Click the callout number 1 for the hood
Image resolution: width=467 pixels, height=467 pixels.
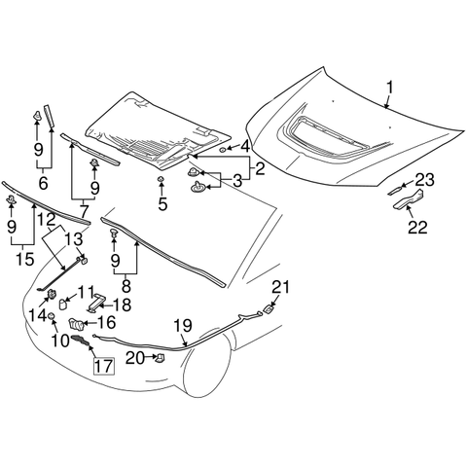point(389,89)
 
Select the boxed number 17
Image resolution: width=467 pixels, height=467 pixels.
point(104,366)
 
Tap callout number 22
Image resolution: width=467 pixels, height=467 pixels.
point(417,227)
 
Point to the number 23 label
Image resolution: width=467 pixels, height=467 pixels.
point(424,180)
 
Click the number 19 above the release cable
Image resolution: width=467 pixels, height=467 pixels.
point(183,326)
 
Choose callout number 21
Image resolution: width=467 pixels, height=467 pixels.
point(280,287)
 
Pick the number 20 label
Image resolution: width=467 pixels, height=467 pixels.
point(134,358)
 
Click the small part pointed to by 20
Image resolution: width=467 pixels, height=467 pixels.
point(161,358)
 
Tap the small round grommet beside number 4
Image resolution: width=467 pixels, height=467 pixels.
point(223,150)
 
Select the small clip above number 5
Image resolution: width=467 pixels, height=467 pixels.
point(161,179)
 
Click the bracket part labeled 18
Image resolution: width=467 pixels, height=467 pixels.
point(96,303)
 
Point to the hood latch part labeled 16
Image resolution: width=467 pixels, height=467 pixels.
point(76,324)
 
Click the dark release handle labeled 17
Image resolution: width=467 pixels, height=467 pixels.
point(80,341)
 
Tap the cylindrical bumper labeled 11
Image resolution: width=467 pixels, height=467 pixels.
point(62,305)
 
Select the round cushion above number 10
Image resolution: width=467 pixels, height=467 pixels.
point(52,316)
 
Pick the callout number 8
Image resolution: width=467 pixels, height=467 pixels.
point(126,285)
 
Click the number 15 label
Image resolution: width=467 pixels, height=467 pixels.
point(24,259)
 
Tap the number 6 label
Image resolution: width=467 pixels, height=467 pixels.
point(43,183)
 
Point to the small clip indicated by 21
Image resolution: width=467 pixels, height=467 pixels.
point(268,309)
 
